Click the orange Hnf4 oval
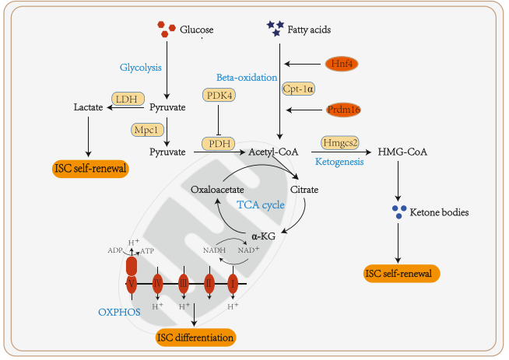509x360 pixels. tap(341, 64)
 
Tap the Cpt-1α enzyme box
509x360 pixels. tap(299, 89)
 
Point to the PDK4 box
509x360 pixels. tap(219, 95)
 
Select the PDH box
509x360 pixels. tap(219, 144)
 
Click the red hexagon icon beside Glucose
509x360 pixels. tap(162, 29)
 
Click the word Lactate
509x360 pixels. tap(88, 107)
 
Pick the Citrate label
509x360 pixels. tap(304, 189)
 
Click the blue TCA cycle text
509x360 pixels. tap(261, 205)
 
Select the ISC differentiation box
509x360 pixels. tap(195, 337)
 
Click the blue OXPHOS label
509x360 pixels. tap(118, 312)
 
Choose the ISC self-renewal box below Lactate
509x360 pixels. tap(90, 168)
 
